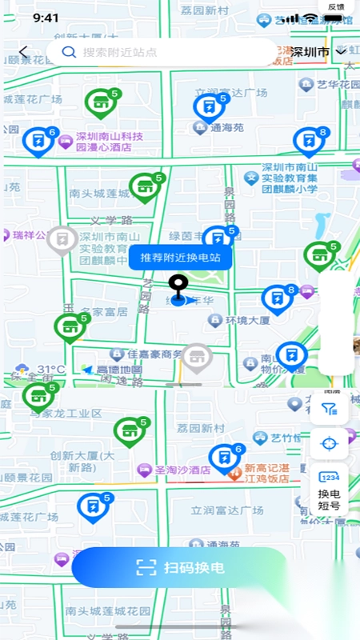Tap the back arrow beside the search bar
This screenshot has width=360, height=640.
[23, 52]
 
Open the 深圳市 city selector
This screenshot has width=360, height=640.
[318, 52]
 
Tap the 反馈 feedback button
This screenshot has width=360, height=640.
[336, 7]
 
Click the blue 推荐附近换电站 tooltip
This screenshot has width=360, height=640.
[180, 258]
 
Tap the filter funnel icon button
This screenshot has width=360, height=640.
[329, 410]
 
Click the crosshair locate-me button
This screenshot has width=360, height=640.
[329, 443]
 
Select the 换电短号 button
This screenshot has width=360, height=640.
[329, 488]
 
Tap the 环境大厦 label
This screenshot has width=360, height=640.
[246, 320]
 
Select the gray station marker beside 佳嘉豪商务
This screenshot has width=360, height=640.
[196, 357]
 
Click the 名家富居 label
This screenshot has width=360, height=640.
[98, 310]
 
